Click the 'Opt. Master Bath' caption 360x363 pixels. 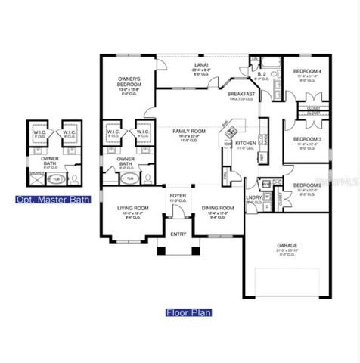[53, 200]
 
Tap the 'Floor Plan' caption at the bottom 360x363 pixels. [188, 312]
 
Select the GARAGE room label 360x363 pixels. [287, 245]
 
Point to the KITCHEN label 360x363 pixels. [247, 143]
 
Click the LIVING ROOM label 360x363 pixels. [133, 208]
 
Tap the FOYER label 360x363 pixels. [178, 196]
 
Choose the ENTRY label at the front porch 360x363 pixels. [178, 234]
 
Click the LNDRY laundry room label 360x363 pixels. [253, 197]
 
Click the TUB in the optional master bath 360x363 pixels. [54, 181]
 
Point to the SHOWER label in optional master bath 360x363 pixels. [36, 172]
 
